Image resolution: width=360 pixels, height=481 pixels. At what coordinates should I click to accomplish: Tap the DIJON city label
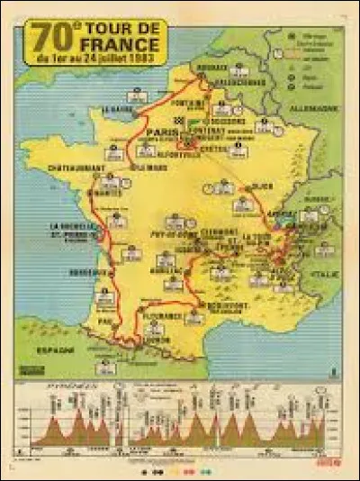(x=262, y=186)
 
